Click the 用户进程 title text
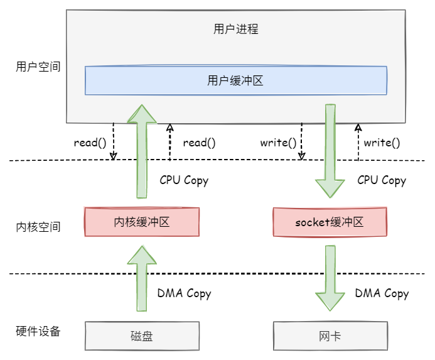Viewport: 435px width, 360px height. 236,29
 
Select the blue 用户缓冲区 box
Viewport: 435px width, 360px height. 236,80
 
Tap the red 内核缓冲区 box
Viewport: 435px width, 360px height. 141,222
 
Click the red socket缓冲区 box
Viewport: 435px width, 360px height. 330,222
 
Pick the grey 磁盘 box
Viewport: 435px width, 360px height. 141,336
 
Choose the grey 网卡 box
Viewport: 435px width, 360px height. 330,336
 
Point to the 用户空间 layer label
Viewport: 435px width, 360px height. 38,66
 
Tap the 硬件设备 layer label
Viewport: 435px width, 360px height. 38,332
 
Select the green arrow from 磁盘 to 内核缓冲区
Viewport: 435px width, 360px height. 142,278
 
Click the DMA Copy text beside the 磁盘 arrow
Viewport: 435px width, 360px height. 184,293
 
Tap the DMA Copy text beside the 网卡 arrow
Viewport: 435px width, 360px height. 382,293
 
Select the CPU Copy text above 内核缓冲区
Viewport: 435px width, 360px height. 184,180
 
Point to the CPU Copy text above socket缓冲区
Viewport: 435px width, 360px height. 382,180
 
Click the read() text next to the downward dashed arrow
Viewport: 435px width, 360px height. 90,142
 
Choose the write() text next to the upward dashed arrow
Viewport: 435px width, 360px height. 382,142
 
